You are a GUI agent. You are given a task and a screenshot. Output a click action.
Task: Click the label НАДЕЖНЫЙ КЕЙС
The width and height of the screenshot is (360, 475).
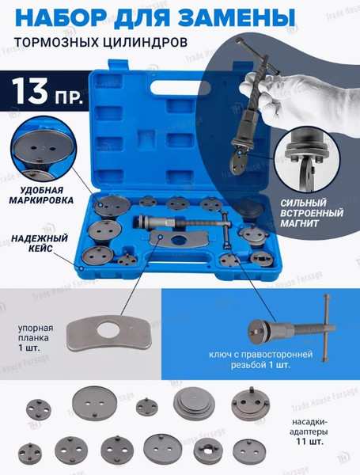click(x=41, y=242)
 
